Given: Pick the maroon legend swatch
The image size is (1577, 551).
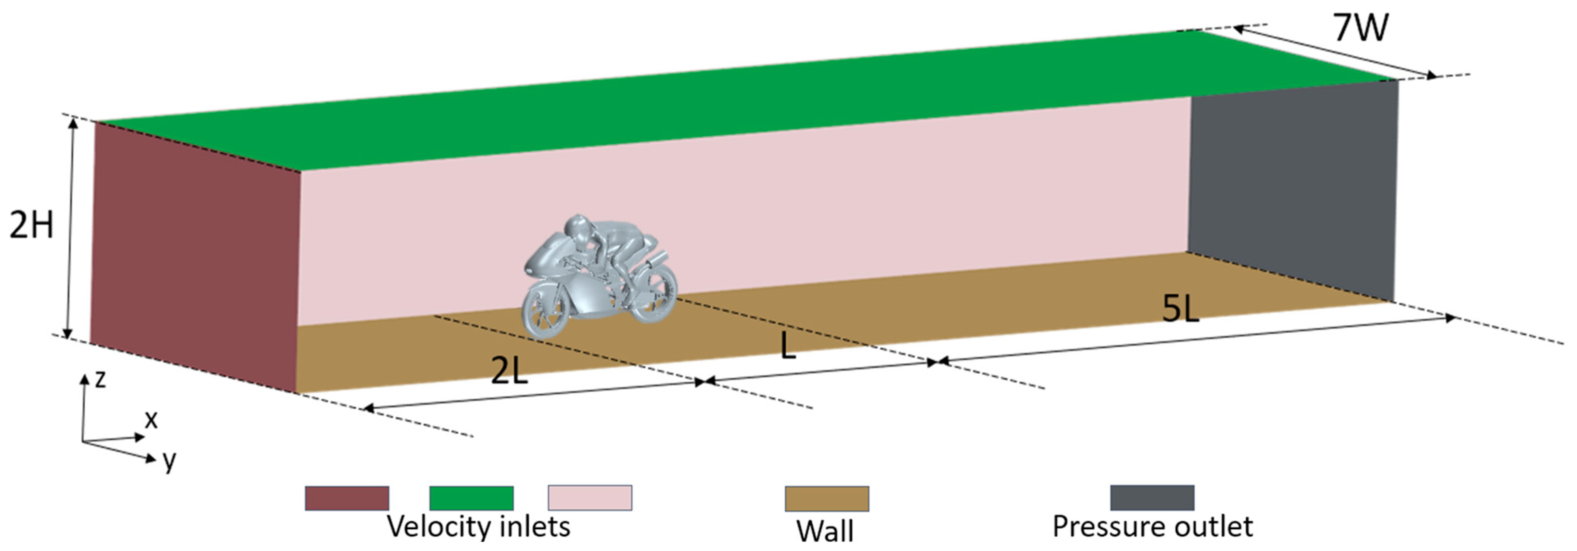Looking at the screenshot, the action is (x=347, y=498).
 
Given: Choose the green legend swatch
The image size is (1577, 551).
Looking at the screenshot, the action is (x=471, y=498).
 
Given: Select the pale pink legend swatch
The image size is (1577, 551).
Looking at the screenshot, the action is (x=590, y=498).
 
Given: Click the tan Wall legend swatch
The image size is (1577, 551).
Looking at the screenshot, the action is (x=826, y=498).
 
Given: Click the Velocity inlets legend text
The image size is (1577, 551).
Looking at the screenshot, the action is (x=478, y=526).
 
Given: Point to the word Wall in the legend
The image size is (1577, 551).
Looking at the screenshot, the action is (x=825, y=530).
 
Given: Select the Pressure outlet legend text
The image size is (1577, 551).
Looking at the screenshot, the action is (x=1152, y=526).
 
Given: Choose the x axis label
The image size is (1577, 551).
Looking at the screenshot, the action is (x=151, y=420).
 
